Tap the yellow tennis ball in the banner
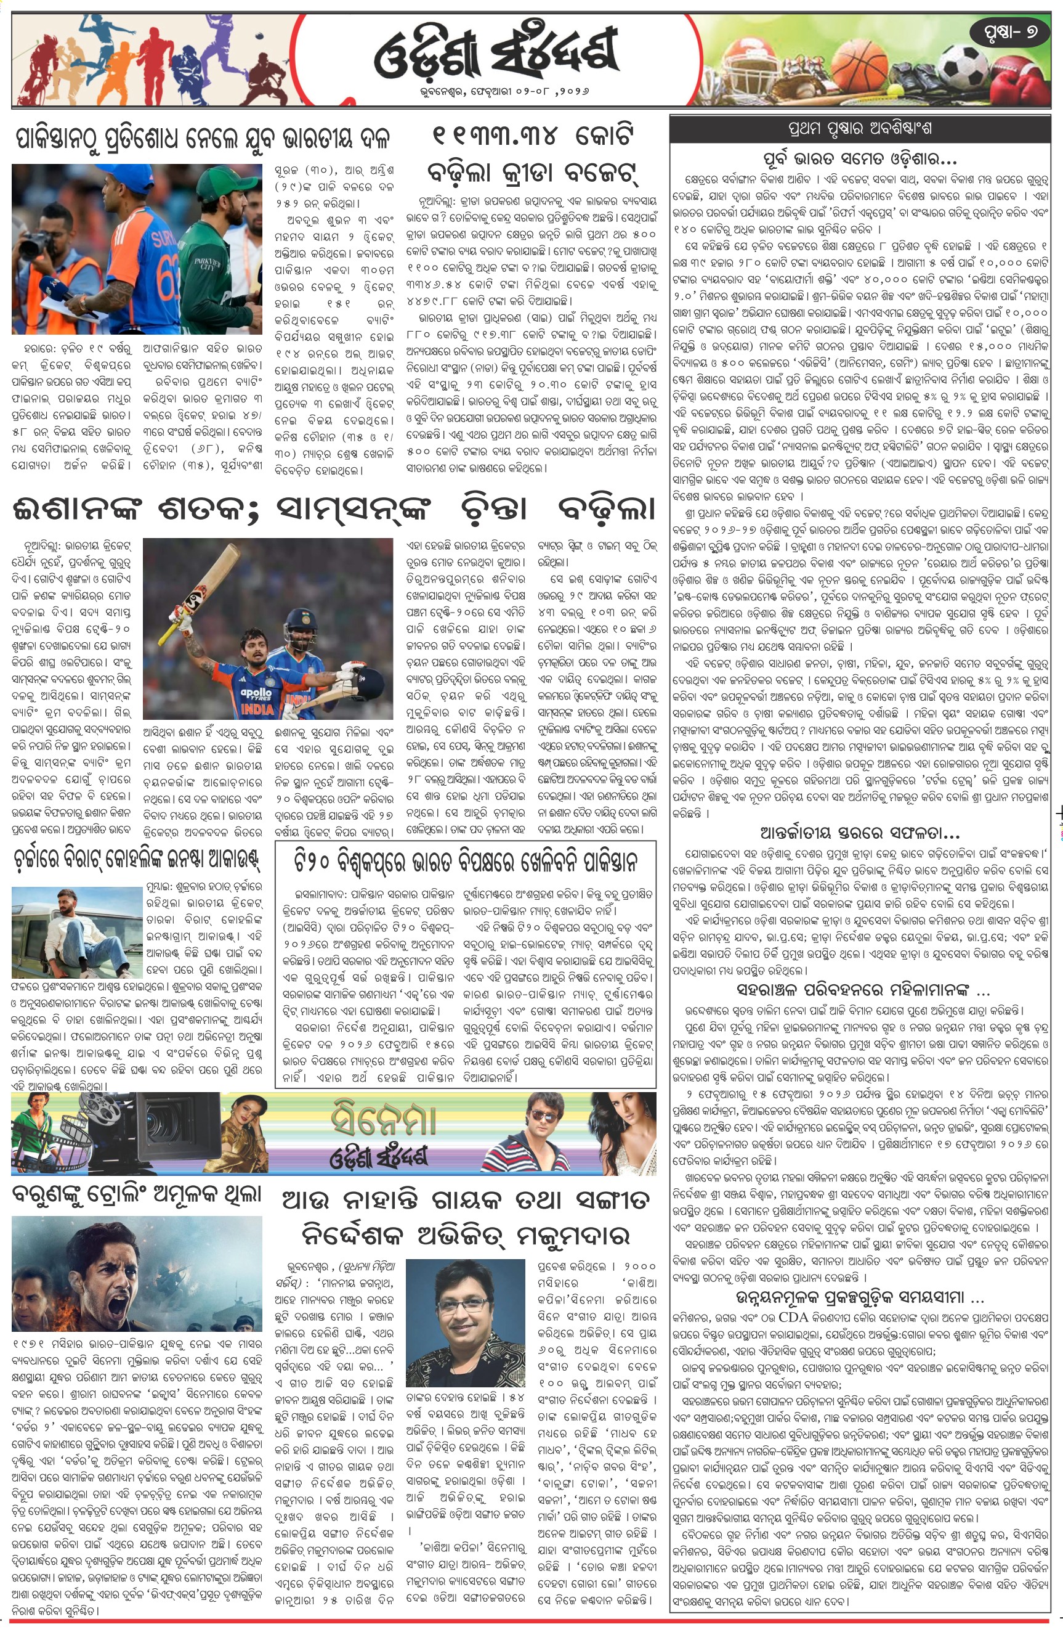(894, 89)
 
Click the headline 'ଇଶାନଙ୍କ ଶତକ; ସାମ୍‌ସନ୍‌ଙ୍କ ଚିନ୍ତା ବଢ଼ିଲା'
(334, 510)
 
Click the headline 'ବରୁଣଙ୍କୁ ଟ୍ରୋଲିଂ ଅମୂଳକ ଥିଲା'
(137, 1194)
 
